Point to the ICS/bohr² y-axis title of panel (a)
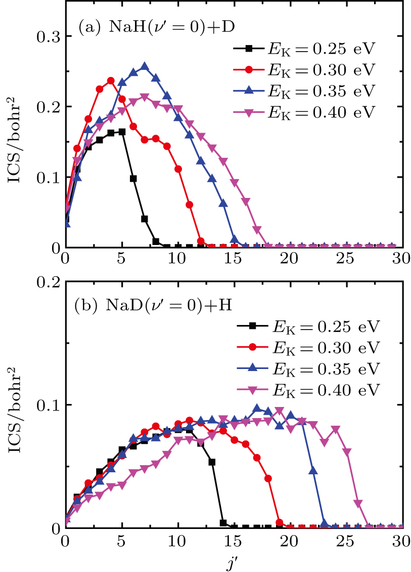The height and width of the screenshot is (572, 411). tap(15, 143)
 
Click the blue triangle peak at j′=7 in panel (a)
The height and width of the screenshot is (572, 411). tap(145, 66)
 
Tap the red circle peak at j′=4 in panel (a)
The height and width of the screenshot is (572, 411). tap(111, 80)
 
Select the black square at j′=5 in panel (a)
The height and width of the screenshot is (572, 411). tap(122, 132)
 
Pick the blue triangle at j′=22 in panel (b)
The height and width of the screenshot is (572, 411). tap(313, 470)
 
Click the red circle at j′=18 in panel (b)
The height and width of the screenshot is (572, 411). tap(268, 478)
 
